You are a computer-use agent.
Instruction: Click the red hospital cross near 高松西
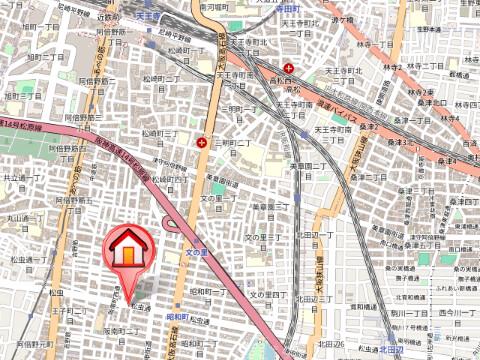pos(289,68)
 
